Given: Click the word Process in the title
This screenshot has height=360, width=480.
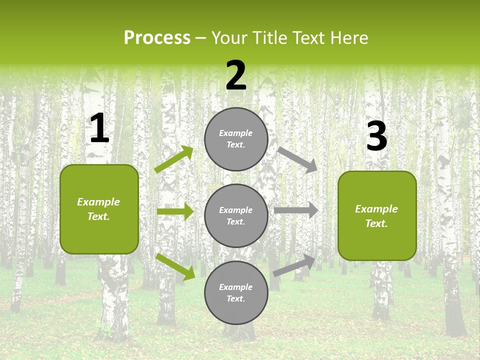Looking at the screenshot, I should tap(157, 38).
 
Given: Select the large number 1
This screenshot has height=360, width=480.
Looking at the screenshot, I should tap(99, 128).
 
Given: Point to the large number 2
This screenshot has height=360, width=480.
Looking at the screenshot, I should tap(236, 76).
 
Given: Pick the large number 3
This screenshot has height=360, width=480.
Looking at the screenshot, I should tap(376, 136).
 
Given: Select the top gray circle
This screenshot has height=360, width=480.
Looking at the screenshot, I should tap(236, 139).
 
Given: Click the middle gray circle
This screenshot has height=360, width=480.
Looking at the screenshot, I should tap(236, 215).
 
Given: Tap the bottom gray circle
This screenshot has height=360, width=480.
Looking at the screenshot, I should tap(236, 292).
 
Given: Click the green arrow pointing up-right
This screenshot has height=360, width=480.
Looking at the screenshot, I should tap(174, 159).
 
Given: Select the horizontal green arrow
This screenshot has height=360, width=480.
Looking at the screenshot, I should tap(175, 211).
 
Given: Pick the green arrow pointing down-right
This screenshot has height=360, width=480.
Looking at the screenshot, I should tap(175, 266).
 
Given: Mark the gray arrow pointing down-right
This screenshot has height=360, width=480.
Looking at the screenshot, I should tap(298, 159).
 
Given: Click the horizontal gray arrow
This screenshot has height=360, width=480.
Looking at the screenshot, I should tap(296, 210).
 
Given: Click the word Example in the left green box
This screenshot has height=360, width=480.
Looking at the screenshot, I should tap(98, 202).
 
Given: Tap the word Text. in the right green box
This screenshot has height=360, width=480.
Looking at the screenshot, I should tap(376, 223).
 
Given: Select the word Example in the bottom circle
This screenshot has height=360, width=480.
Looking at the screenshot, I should tap(236, 287).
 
